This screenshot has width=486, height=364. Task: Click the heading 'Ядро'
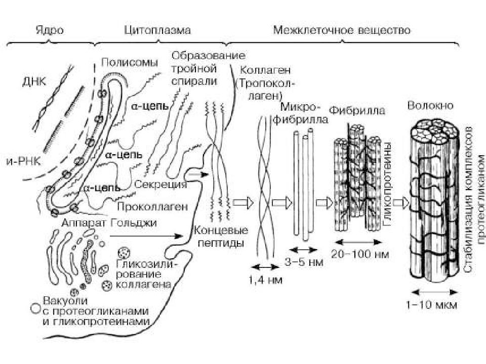pos(50,30)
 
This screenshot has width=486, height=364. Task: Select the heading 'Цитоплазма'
pos(157,30)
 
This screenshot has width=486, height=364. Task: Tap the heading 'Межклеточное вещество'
pos(342,30)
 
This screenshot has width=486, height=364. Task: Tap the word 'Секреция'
pos(161,185)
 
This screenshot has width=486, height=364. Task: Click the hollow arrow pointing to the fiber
pos(401,202)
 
